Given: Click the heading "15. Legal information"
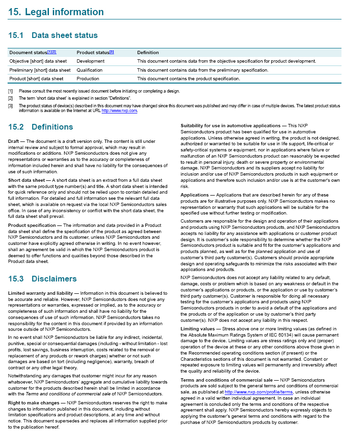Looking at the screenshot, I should [56, 12].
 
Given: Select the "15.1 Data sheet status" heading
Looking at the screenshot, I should [53, 35].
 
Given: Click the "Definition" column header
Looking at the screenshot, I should [148, 52].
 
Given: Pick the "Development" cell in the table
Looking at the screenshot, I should [90, 61].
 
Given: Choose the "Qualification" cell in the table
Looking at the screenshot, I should [89, 70].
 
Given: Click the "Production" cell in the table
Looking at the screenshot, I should [88, 79].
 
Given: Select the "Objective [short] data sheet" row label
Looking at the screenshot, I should [38, 61].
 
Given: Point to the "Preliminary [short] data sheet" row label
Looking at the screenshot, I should [40, 70].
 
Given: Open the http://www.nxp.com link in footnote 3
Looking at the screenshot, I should [119, 111].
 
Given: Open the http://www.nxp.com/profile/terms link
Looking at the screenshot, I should [259, 392].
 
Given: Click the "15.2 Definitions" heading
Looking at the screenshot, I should [40, 127].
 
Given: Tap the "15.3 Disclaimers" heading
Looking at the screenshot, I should [42, 279].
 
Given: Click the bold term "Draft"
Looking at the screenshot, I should [14, 141].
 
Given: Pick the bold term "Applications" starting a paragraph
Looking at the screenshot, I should [195, 195].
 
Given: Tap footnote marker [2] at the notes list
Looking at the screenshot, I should [10, 98].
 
